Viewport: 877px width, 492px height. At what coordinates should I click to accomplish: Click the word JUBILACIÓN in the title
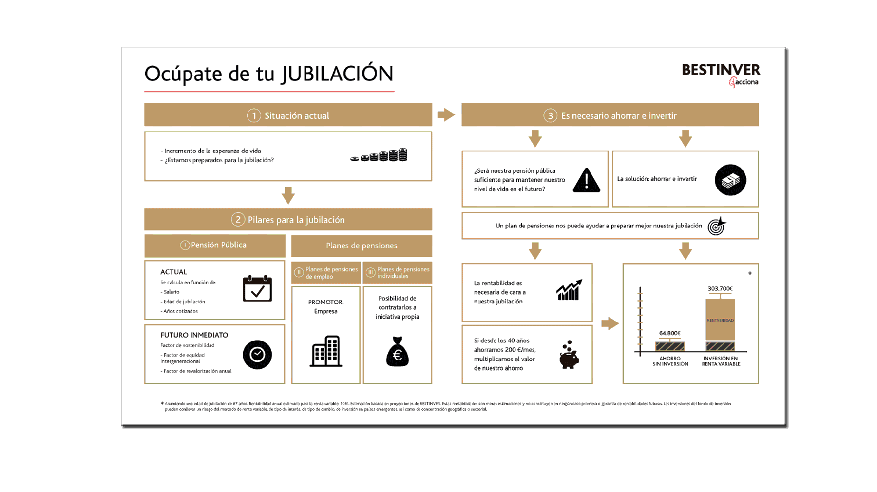click(x=337, y=74)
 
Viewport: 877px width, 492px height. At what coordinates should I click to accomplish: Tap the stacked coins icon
click(x=380, y=155)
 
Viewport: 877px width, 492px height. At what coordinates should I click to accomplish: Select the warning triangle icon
click(x=586, y=181)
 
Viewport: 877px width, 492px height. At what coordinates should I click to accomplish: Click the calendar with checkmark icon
click(x=257, y=289)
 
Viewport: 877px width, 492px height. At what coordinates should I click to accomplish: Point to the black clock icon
click(x=257, y=355)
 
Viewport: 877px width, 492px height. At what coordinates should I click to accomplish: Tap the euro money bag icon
click(x=397, y=352)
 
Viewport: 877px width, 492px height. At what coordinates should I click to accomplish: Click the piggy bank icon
click(x=569, y=355)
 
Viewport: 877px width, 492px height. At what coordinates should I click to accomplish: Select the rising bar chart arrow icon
click(x=569, y=290)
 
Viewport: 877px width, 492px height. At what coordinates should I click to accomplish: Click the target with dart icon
click(x=717, y=226)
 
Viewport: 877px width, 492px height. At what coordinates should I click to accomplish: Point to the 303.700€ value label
click(x=720, y=288)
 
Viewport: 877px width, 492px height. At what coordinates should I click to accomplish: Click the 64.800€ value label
click(x=669, y=333)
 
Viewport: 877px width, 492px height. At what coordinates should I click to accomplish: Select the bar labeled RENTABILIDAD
click(x=720, y=320)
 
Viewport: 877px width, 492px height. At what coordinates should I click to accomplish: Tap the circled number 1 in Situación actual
click(x=254, y=115)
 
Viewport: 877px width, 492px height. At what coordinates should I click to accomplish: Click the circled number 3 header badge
click(x=550, y=115)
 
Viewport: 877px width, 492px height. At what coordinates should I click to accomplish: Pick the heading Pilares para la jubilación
click(x=296, y=220)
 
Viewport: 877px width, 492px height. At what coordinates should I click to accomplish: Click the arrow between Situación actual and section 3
click(x=446, y=115)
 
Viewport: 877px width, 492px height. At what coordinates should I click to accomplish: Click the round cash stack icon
click(x=730, y=180)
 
